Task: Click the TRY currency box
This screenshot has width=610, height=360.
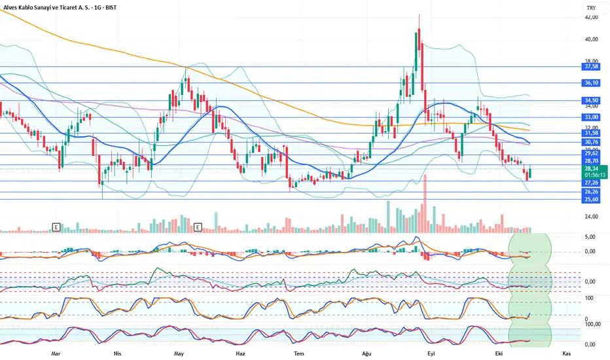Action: (592, 8)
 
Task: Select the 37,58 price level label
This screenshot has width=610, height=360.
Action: (592, 67)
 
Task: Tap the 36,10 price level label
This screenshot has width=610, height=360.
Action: (592, 83)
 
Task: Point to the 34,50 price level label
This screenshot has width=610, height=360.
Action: (592, 100)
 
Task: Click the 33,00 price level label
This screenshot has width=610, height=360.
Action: (592, 117)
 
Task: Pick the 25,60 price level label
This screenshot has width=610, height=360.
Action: (592, 200)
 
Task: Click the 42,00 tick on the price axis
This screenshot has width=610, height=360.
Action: (592, 18)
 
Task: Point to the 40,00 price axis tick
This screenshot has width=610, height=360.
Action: (592, 39)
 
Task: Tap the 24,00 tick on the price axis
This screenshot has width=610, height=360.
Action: (592, 217)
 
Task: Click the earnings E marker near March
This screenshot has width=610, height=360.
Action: (56, 227)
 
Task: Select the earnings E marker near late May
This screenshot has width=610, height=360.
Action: (198, 227)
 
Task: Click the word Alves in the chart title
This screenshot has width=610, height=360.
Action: (12, 8)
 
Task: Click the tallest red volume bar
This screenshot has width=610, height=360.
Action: (425, 203)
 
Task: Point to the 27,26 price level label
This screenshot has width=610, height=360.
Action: (592, 183)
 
